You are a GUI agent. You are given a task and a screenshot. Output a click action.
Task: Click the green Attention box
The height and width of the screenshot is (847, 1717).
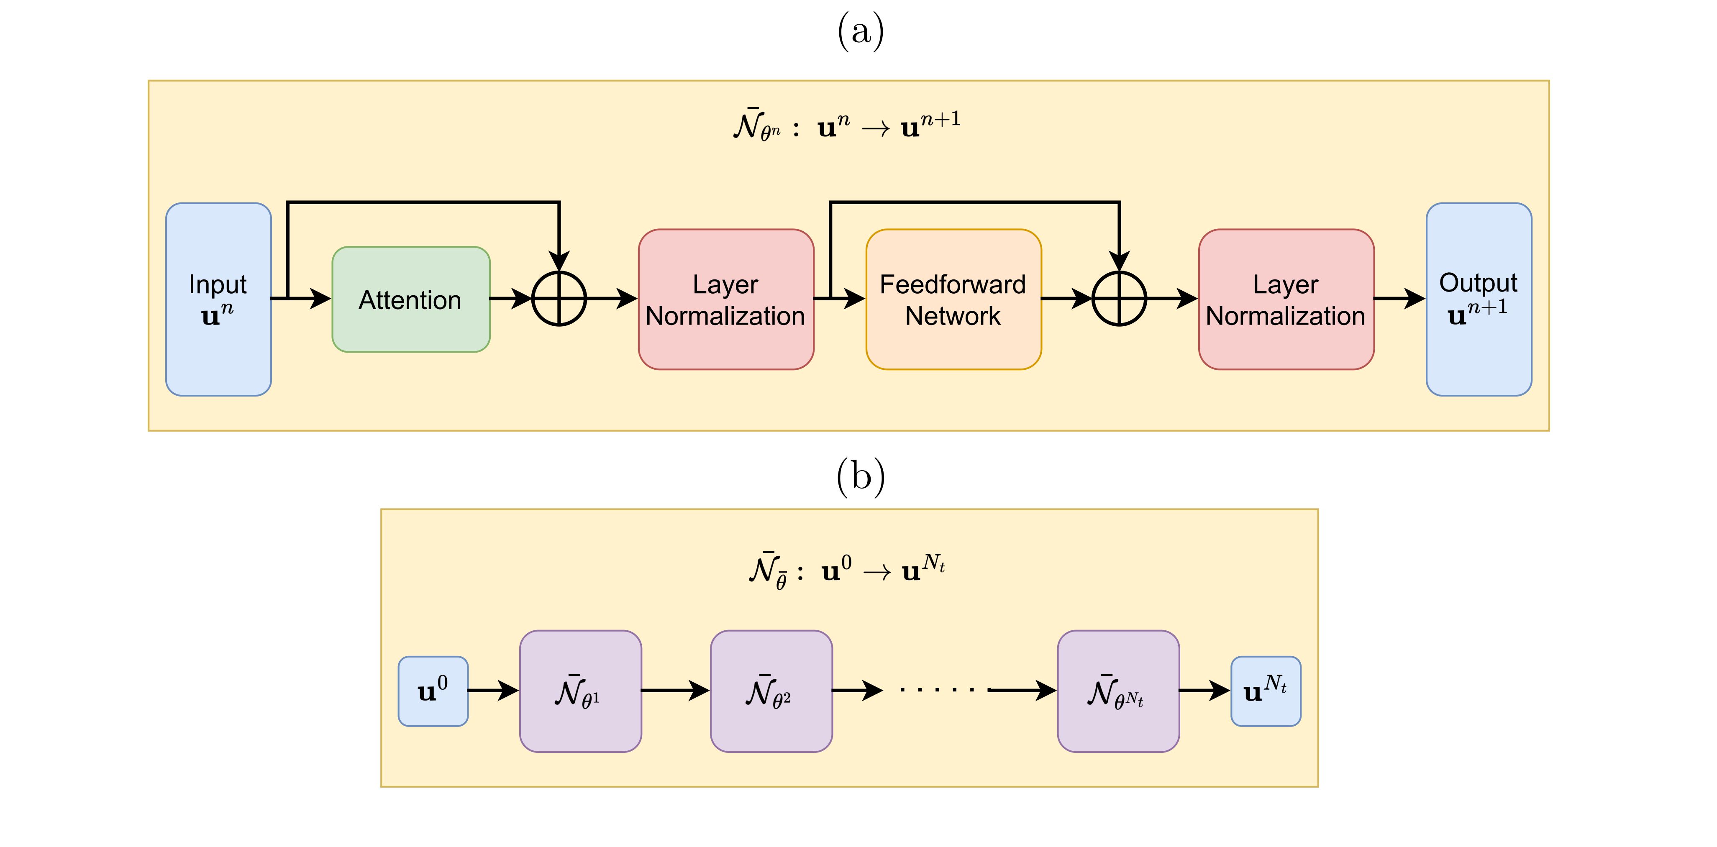click(410, 299)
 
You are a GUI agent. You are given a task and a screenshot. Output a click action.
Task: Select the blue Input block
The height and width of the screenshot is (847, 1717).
click(218, 299)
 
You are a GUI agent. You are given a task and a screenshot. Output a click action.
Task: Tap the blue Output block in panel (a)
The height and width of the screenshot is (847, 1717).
click(1479, 299)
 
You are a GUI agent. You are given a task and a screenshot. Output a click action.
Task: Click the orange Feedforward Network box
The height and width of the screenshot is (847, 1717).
click(953, 299)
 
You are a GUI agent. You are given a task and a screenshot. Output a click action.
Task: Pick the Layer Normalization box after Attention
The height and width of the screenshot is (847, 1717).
click(726, 299)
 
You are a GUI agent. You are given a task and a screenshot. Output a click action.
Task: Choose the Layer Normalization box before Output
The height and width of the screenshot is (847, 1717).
click(1286, 299)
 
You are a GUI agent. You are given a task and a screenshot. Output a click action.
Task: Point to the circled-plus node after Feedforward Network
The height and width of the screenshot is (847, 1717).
click(1119, 299)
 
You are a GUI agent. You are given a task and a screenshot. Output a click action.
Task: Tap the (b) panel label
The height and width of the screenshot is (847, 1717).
click(860, 476)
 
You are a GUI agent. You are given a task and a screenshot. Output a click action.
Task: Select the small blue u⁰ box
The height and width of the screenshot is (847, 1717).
click(433, 691)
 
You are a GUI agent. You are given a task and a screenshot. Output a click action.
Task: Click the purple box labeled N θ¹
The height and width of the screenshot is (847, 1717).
click(580, 691)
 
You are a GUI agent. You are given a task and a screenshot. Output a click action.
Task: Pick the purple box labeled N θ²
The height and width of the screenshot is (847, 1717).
click(771, 691)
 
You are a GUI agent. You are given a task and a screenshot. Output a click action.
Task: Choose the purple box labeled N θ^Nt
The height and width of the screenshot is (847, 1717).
click(1118, 691)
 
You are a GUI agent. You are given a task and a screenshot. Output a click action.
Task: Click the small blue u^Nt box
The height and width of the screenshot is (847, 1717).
click(1265, 691)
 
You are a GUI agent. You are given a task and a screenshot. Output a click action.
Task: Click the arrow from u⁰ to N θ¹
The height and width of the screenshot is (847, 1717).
click(493, 691)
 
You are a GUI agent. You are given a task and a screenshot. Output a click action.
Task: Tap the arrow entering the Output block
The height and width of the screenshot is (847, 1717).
click(1400, 299)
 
